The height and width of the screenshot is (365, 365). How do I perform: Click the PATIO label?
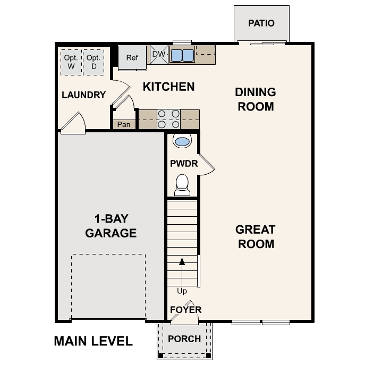point(261,23)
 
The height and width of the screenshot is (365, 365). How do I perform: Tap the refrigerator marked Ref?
point(132,57)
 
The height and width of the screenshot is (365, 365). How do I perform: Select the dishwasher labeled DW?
point(158,54)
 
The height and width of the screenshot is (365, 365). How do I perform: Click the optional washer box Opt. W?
point(71,62)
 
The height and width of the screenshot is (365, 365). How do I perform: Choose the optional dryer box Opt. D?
point(94,62)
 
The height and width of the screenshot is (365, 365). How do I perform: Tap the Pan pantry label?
point(124,125)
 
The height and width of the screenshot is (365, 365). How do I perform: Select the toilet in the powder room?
point(182,183)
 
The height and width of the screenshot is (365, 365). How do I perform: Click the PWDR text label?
point(184,164)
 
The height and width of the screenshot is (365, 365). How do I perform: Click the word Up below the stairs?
point(182,291)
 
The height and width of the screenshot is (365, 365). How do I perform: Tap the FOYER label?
point(185,310)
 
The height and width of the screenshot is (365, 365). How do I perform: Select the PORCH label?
point(184,339)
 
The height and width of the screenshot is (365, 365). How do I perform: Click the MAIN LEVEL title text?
point(93,341)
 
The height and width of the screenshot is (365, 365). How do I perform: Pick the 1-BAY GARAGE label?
point(111,226)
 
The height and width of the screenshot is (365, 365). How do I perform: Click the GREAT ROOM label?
point(255,237)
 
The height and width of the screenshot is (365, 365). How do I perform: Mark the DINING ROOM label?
point(255,99)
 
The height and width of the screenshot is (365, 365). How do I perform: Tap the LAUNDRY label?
point(83,95)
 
